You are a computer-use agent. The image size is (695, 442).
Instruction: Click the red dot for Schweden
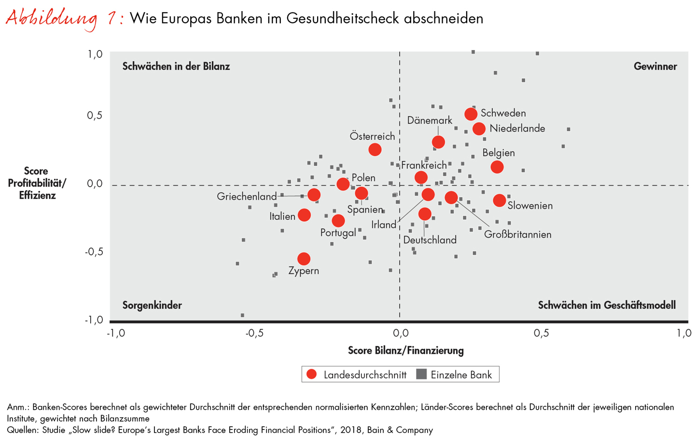pyautogui.click(x=471, y=114)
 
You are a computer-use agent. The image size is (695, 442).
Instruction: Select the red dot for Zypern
pyautogui.click(x=304, y=259)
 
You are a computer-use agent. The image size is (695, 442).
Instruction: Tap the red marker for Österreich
pyautogui.click(x=375, y=150)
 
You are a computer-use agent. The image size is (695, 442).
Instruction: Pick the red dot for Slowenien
pyautogui.click(x=500, y=201)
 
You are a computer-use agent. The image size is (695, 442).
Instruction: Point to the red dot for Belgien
pyautogui.click(x=497, y=167)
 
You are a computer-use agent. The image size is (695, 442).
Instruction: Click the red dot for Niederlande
pyautogui.click(x=479, y=129)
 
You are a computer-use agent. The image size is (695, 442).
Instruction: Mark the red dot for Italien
pyautogui.click(x=304, y=215)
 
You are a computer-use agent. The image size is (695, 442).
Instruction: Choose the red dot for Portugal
pyautogui.click(x=338, y=221)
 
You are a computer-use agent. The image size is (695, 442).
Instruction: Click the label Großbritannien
pyautogui.click(x=517, y=235)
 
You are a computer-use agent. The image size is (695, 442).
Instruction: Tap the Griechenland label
pyautogui.click(x=247, y=197)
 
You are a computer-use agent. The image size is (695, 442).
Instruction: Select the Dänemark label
pyautogui.click(x=430, y=121)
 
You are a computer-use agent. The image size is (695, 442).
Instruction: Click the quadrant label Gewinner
pyautogui.click(x=655, y=67)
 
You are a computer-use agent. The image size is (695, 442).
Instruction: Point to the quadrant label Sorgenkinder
pyautogui.click(x=152, y=305)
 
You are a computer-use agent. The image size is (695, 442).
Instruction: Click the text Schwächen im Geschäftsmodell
pyautogui.click(x=607, y=305)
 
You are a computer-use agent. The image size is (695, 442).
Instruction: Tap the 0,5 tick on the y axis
pyautogui.click(x=95, y=116)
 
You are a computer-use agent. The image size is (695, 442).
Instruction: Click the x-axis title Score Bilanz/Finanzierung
pyautogui.click(x=405, y=350)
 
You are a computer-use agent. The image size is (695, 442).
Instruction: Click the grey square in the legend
pyautogui.click(x=421, y=375)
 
